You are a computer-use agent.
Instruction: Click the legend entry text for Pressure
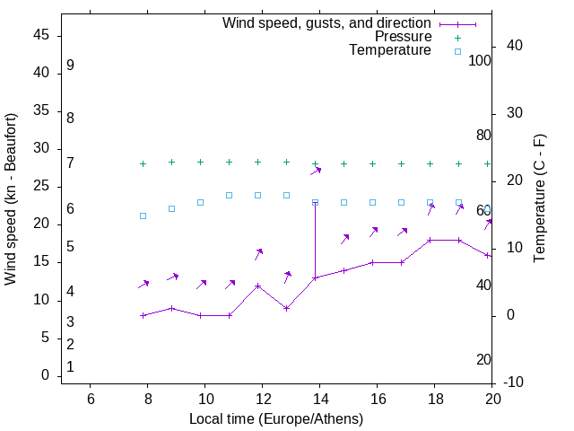tap(403, 37)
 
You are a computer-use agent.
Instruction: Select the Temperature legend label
tap(390, 50)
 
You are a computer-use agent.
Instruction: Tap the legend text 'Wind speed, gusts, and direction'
tap(327, 23)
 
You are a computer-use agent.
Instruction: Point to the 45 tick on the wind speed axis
tap(41, 35)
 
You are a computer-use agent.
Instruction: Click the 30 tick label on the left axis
tap(41, 149)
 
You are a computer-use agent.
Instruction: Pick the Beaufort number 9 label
tap(70, 66)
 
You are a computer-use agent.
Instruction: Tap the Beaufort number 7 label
tap(70, 163)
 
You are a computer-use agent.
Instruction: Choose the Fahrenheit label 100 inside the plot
tap(480, 60)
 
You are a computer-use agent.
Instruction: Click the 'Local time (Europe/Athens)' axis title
tap(276, 418)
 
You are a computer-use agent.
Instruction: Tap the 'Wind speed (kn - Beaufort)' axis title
tap(11, 199)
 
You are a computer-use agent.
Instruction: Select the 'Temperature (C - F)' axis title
tap(539, 199)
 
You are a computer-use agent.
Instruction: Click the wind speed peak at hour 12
tap(258, 286)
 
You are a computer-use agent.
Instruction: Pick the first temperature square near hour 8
tap(143, 215)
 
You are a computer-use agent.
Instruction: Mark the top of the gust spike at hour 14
tap(315, 203)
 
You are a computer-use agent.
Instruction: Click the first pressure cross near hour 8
tap(143, 163)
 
